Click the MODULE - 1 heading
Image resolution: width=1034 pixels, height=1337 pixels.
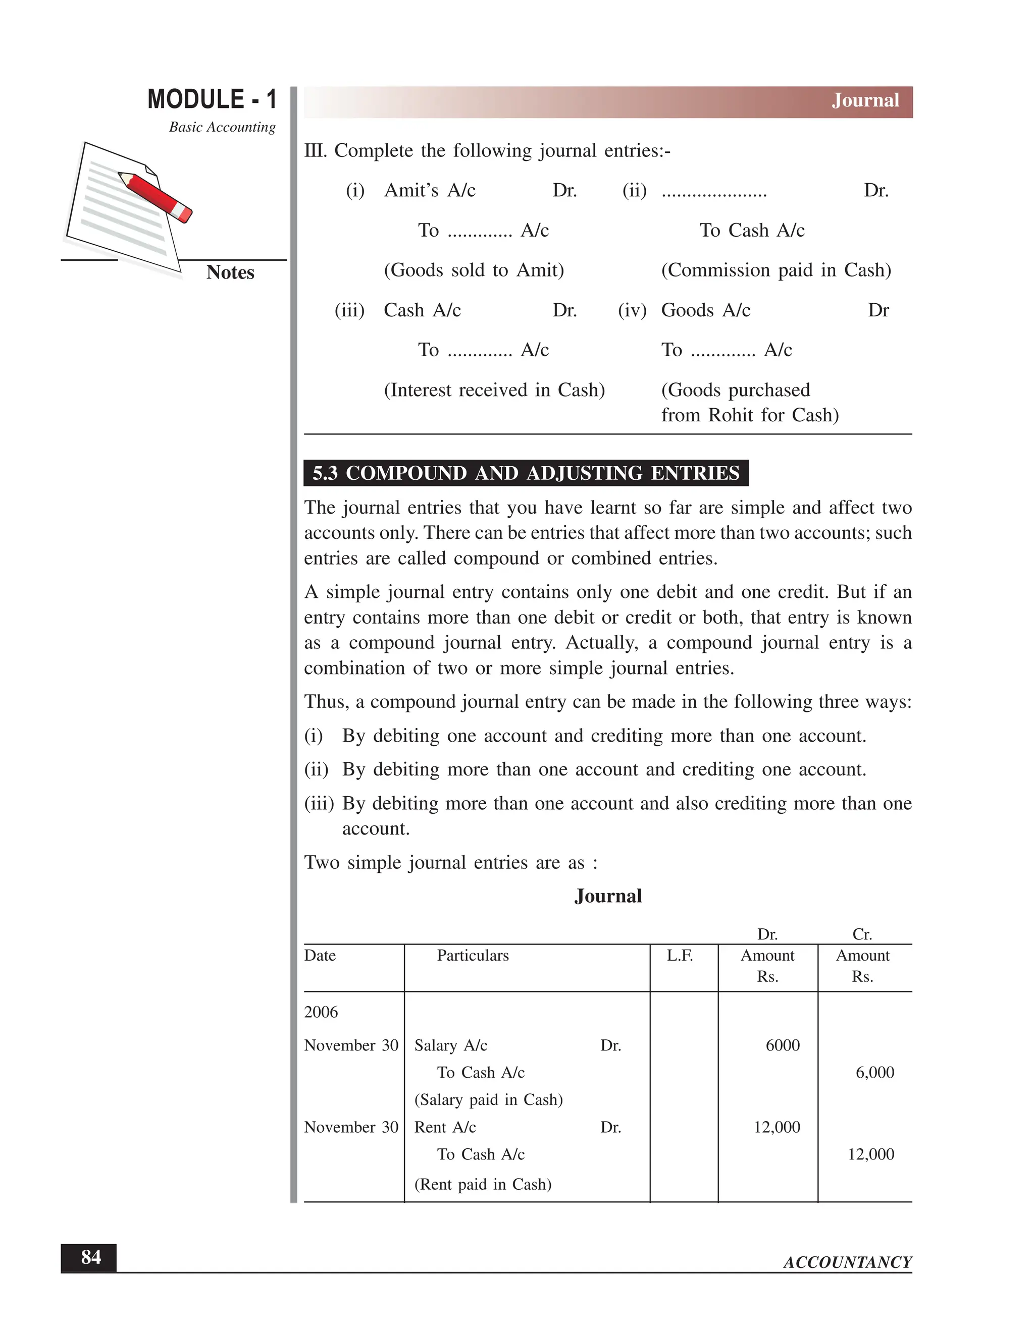(212, 100)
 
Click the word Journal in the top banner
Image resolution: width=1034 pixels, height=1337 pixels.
(865, 100)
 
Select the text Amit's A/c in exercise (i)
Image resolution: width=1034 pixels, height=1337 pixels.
(430, 190)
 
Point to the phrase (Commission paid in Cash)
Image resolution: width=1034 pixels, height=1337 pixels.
(775, 270)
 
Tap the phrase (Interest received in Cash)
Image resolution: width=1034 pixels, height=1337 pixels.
(494, 390)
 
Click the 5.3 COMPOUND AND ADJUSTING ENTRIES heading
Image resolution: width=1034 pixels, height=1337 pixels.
(526, 473)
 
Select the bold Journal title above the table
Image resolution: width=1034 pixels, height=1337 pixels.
(608, 896)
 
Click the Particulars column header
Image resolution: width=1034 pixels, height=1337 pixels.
(472, 956)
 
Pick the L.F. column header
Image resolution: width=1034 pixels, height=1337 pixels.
(680, 956)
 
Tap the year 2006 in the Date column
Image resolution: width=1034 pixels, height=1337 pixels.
(321, 1012)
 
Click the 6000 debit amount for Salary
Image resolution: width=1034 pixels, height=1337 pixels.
(782, 1045)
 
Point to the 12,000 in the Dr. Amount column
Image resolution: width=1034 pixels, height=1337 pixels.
(776, 1127)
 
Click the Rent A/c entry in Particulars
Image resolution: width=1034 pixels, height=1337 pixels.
(445, 1127)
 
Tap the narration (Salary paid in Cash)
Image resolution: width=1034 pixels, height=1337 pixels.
(488, 1099)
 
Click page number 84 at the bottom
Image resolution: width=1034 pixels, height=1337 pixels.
(91, 1257)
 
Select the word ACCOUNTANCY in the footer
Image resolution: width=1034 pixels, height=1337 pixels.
(847, 1262)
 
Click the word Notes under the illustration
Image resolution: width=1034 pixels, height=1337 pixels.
(230, 272)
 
